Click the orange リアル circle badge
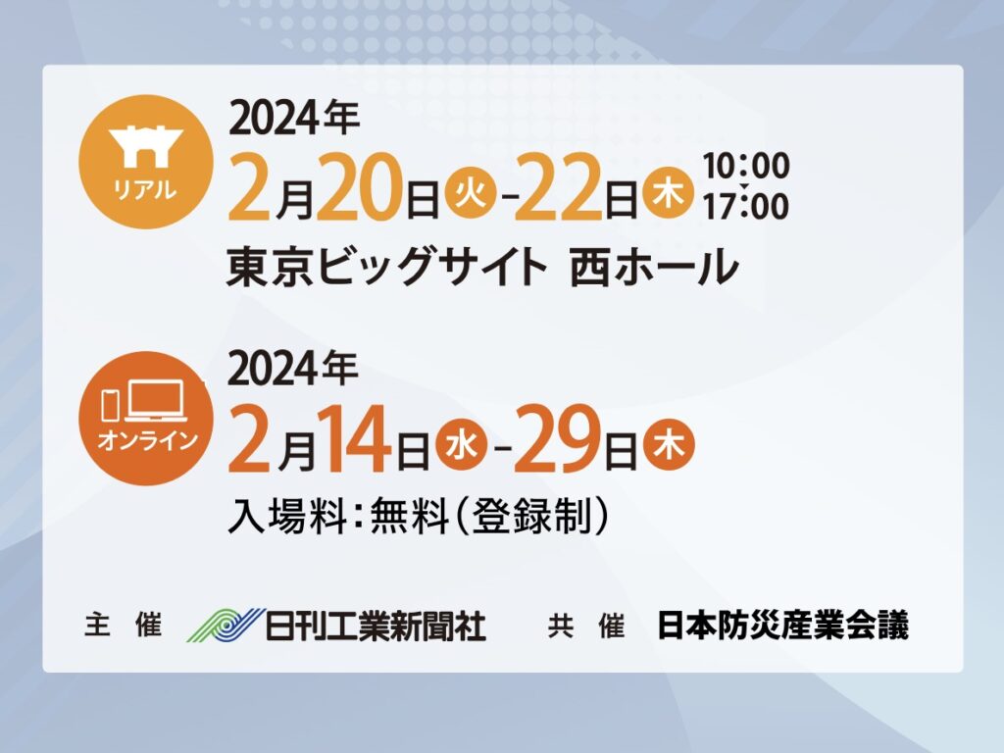[146, 162]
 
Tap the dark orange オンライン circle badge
[146, 418]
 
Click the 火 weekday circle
[474, 193]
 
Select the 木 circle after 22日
[669, 193]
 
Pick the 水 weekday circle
[461, 445]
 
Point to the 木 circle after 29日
[669, 445]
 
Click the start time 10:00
[746, 166]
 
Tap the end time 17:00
[746, 207]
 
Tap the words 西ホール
[654, 267]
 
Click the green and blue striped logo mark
[226, 625]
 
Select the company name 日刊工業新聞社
[376, 626]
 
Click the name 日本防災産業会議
[783, 626]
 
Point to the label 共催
[586, 626]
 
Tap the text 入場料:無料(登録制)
[418, 516]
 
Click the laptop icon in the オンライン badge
[156, 401]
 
